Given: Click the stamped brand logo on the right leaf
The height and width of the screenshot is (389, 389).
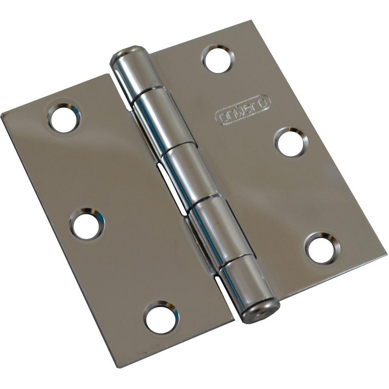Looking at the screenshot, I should coord(243,110).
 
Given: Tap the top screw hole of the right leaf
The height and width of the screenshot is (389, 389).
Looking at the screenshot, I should coord(218,59).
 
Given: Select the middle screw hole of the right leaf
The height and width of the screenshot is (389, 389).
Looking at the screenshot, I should coord(291,142).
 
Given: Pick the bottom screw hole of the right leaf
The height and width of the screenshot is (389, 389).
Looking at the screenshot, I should coord(322,248).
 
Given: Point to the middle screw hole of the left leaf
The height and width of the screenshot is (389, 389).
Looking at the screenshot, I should coord(87,224).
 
